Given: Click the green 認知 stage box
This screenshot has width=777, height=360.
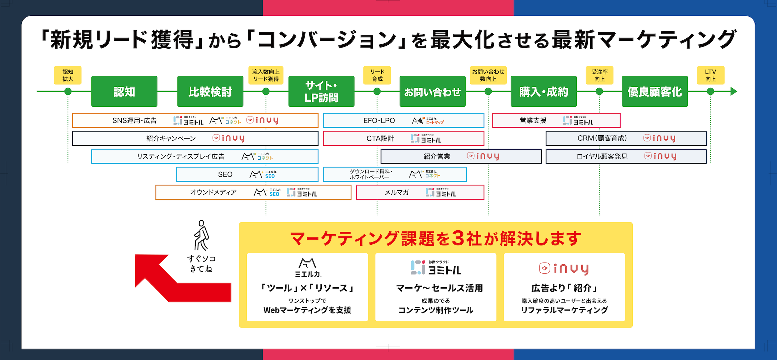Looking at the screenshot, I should tap(124, 91).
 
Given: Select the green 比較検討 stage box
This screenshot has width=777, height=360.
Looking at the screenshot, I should tap(210, 91).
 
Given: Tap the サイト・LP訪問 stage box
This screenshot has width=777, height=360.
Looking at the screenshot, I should tap(321, 91).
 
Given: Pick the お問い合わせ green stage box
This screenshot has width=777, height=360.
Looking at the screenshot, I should tap(432, 91).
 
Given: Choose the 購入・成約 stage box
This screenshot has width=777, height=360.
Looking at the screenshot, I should tap(543, 91).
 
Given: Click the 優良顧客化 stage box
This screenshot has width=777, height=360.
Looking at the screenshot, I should tap(655, 91).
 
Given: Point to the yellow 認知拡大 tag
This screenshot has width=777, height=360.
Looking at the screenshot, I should tap(68, 75).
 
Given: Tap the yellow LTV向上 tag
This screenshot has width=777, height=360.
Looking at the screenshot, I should tap(711, 75).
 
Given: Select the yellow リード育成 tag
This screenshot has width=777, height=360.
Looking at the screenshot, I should tap(377, 75).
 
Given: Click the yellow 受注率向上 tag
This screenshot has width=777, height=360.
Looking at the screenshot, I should tap(600, 75).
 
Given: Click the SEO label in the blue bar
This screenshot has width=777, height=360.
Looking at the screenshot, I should tap(225, 175).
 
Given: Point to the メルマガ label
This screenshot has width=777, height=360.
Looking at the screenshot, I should tap(396, 192).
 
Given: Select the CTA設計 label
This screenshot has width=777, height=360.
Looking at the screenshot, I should tap(380, 139).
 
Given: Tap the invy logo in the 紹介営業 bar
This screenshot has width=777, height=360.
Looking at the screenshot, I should tap(483, 156).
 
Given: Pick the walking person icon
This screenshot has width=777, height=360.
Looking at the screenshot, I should tap(201, 235).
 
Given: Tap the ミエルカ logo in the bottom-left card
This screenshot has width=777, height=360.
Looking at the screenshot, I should tap(307, 267).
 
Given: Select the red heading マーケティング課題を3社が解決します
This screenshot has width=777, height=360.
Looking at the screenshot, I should tap(436, 239).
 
